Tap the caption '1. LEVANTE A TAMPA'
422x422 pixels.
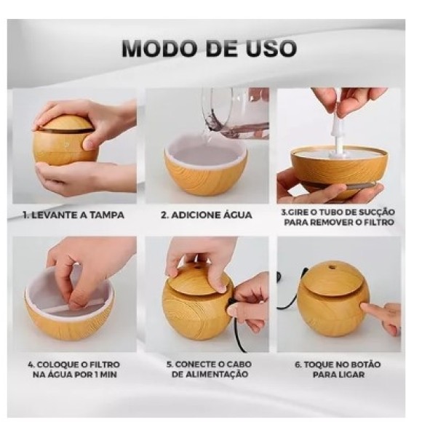coord(73,215)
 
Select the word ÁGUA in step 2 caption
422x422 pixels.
coord(234,215)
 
